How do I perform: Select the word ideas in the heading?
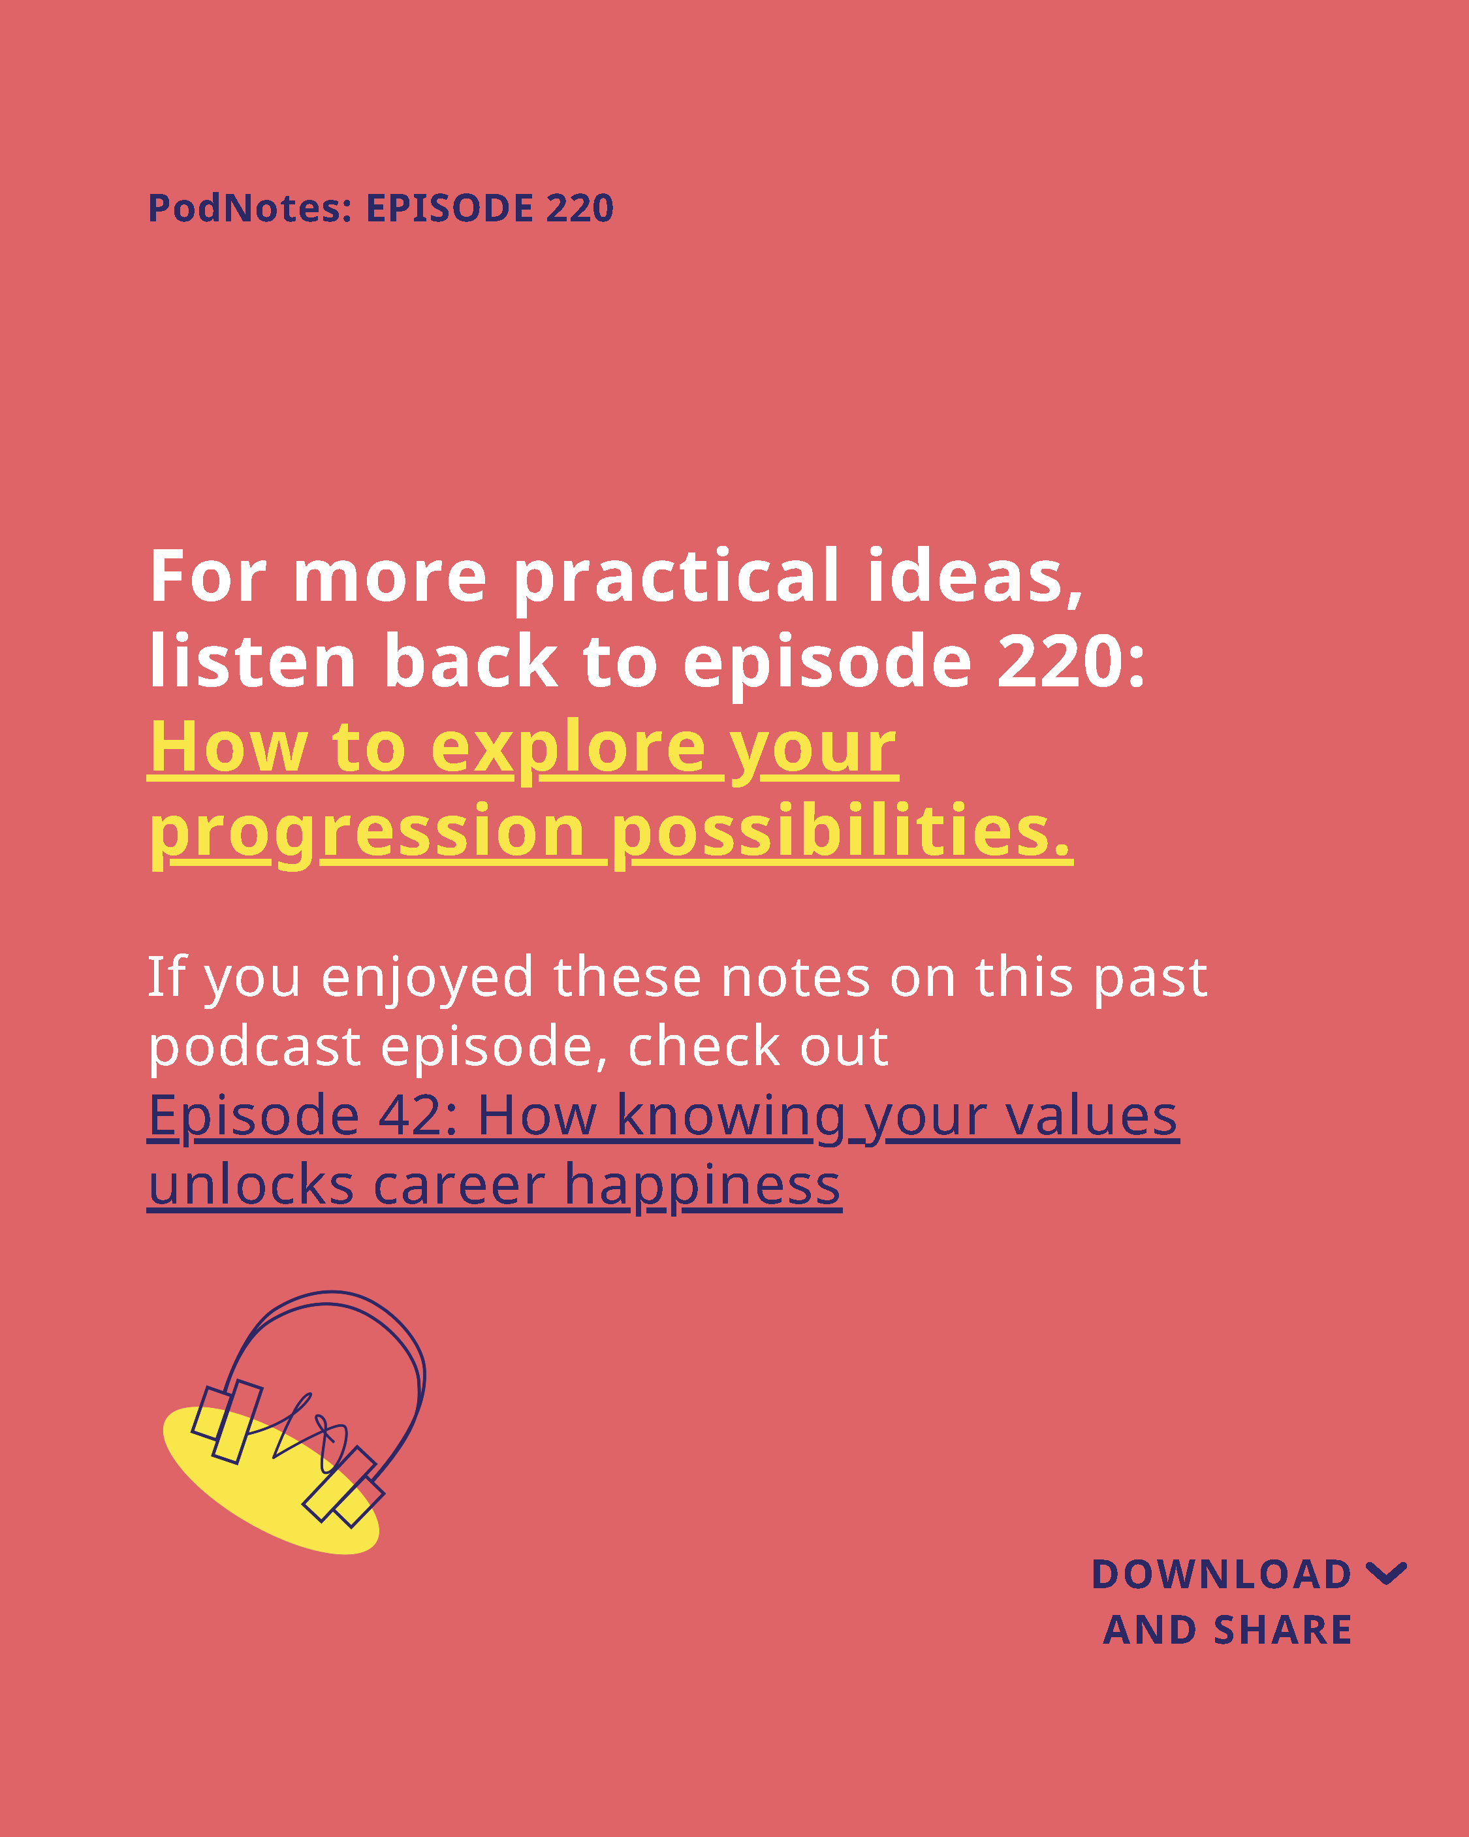pos(975,576)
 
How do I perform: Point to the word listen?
pos(252,661)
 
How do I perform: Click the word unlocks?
pos(251,1185)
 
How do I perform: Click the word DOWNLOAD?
pos(1221,1574)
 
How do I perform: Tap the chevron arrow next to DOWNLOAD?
pos(1386,1574)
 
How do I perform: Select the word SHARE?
pos(1282,1631)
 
